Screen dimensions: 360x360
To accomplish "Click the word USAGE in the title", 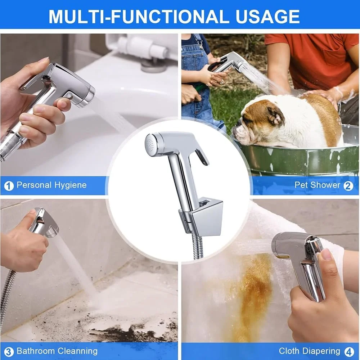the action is [267, 16].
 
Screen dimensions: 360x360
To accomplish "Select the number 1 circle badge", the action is [9, 186].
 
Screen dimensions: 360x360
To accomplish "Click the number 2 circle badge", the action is [348, 186].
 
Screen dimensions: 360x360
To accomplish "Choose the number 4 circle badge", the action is [349, 351].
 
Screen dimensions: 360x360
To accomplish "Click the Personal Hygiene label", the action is [51, 185].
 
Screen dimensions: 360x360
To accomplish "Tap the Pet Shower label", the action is [317, 185].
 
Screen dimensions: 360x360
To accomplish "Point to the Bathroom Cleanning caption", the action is [57, 351].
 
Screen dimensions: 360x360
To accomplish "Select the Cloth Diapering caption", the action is [310, 351].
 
